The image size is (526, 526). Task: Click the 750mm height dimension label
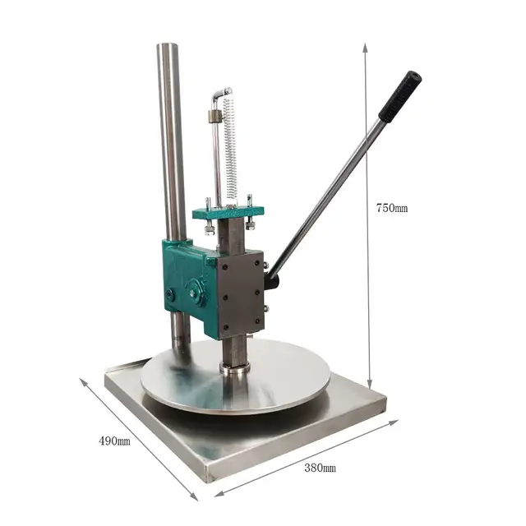click(392, 208)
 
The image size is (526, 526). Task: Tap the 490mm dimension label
click(114, 441)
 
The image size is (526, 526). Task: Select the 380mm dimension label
click(320, 468)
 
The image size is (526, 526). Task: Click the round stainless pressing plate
click(236, 377)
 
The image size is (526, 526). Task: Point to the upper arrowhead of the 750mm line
click(365, 47)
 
